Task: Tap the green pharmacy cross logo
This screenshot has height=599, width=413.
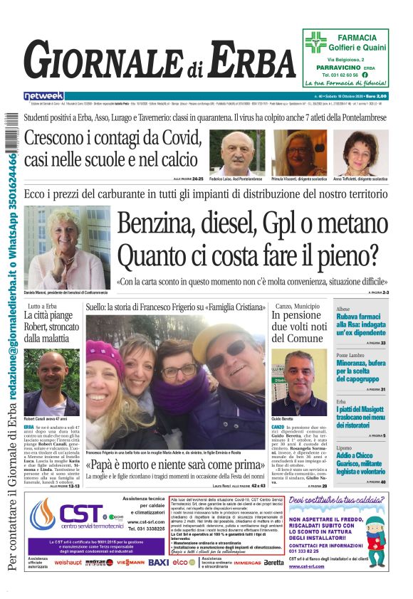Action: (x=315, y=43)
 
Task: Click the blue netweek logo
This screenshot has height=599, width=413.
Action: (x=43, y=96)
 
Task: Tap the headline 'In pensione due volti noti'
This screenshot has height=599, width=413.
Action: (x=298, y=327)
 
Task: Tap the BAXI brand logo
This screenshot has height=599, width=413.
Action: (x=158, y=561)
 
